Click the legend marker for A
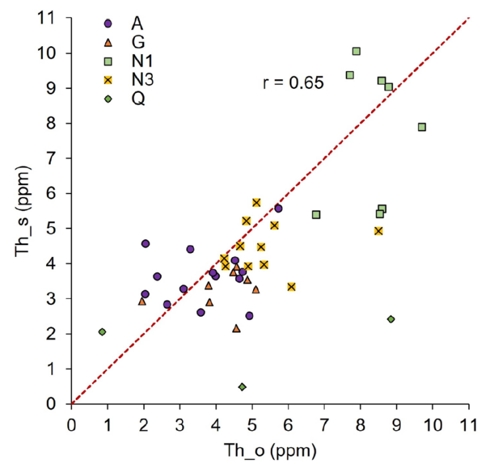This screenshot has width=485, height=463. [x=109, y=23]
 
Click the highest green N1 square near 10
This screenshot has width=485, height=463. [x=357, y=51]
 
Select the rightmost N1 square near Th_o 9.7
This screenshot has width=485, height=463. [x=422, y=126]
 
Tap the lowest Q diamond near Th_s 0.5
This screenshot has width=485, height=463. [x=242, y=387]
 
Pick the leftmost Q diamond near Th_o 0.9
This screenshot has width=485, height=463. [x=102, y=332]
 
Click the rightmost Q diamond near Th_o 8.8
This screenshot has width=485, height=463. [x=391, y=319]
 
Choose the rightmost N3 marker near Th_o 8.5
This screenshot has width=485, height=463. [x=378, y=231]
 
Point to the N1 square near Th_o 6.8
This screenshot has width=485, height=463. [x=316, y=215]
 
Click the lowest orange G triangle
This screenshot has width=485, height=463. [x=237, y=328]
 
